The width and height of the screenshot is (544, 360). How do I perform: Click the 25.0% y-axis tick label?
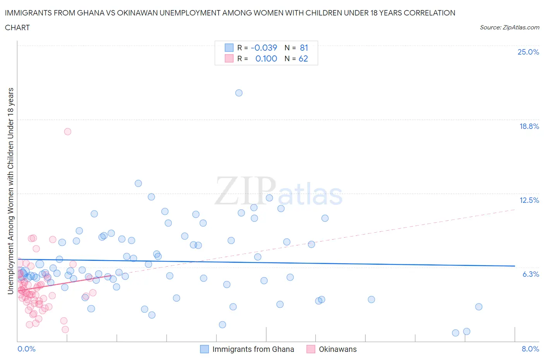point(528,52)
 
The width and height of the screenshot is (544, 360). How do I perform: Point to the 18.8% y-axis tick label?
point(529,126)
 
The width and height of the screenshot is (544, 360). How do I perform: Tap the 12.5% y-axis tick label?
point(529,200)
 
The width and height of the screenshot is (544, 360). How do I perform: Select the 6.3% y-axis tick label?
point(530,274)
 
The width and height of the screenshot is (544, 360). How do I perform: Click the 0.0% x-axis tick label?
point(26,349)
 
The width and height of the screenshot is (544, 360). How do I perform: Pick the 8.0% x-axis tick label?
point(530,349)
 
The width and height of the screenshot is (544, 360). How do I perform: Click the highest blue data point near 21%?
point(239,93)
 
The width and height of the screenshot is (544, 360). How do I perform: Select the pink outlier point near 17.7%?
point(68,132)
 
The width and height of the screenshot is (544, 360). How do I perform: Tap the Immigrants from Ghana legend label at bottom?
point(253,349)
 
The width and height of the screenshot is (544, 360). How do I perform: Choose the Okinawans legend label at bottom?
point(337,349)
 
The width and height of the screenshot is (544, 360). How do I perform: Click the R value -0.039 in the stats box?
point(264,48)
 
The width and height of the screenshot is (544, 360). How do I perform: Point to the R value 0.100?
point(266,58)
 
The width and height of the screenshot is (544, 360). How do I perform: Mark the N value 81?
point(304,48)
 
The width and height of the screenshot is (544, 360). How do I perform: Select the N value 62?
point(303,58)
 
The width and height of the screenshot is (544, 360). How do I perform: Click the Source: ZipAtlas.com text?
point(509,27)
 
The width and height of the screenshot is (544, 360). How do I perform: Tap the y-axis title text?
point(11,191)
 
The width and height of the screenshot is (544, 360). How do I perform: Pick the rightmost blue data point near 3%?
point(479,307)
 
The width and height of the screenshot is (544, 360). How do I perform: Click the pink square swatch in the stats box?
point(229,58)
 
